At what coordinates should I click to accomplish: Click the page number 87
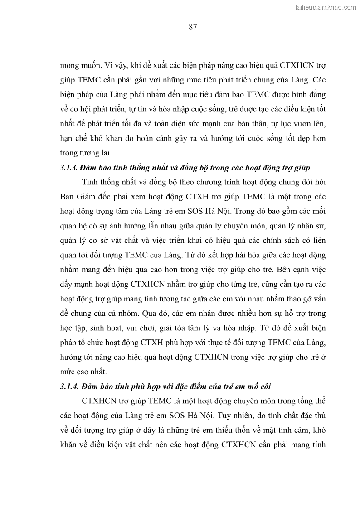(x=192, y=27)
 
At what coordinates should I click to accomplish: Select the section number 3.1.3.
(x=68, y=168)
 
